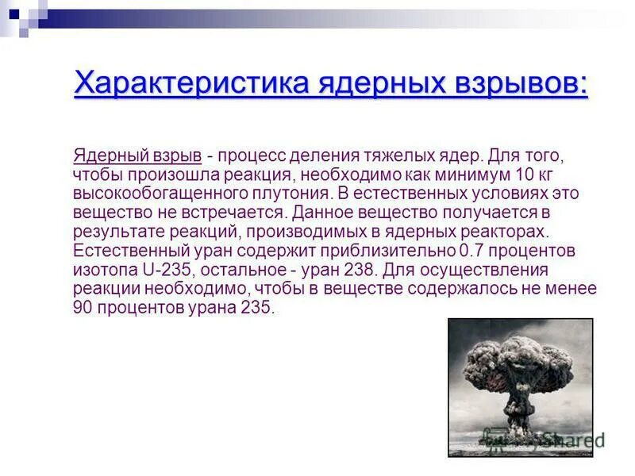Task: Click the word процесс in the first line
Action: pos(252,153)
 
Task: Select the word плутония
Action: pos(286,192)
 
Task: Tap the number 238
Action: pos(365,270)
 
